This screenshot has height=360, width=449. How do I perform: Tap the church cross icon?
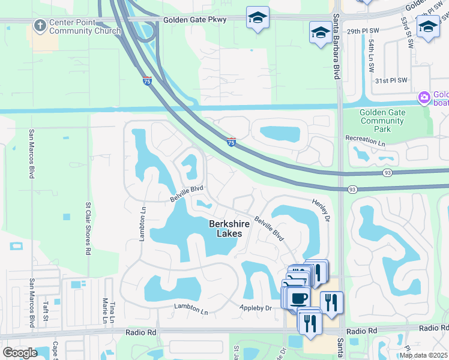coord(40,25)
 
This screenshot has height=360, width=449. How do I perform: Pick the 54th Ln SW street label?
coord(372,53)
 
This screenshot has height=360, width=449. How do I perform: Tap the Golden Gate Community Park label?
coord(382,121)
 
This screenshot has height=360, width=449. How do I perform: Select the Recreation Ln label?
coord(365,139)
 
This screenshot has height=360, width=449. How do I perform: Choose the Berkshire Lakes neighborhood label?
coord(226,229)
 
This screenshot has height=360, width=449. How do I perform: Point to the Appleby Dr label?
coord(256,308)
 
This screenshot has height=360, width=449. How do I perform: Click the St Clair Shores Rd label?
coord(88,228)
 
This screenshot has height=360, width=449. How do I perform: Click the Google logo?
coord(20,353)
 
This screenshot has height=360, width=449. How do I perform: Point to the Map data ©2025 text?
coord(423,355)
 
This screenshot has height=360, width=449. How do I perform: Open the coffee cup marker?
coord(298,298)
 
